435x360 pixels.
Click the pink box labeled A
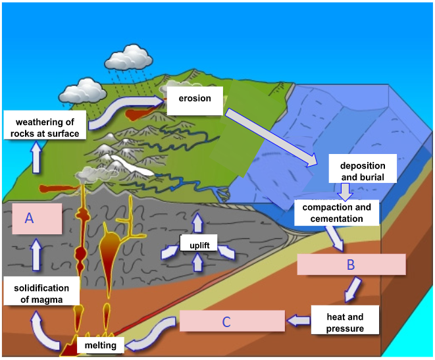pyautogui.click(x=37, y=219)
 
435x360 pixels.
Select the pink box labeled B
pyautogui.click(x=351, y=265)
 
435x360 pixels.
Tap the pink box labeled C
pyautogui.click(x=226, y=321)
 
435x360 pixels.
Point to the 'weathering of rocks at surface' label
pyautogui.click(x=47, y=128)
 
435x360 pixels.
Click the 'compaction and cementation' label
pyautogui.click(x=336, y=212)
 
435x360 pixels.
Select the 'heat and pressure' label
pyautogui.click(x=345, y=322)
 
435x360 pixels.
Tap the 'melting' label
pyautogui.click(x=99, y=346)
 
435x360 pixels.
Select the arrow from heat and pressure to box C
pyautogui.click(x=298, y=321)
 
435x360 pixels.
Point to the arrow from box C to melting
pyautogui.click(x=153, y=333)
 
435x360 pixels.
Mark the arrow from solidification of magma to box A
pyautogui.click(x=37, y=256)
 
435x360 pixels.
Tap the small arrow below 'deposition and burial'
pyautogui.click(x=345, y=191)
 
